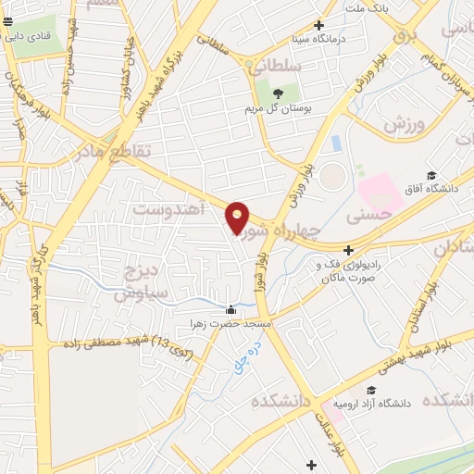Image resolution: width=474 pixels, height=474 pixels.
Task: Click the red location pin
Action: (238, 218)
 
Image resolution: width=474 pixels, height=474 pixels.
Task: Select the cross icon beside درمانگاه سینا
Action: (319, 26)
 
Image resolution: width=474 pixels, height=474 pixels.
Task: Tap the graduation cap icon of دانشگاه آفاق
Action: (430, 175)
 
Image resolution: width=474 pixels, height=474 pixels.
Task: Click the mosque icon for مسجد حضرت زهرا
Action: (231, 310)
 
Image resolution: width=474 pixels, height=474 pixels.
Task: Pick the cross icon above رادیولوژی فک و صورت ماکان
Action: (348, 250)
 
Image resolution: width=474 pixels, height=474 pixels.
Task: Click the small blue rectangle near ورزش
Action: (335, 143)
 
